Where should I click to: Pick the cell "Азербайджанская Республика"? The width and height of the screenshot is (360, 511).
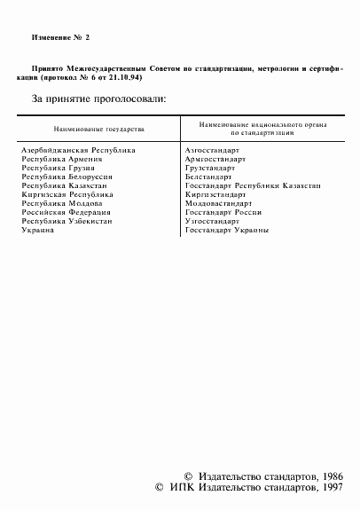point(79,151)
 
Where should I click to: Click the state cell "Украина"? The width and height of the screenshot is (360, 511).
point(38,231)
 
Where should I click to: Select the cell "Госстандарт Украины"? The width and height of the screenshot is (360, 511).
point(228,231)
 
